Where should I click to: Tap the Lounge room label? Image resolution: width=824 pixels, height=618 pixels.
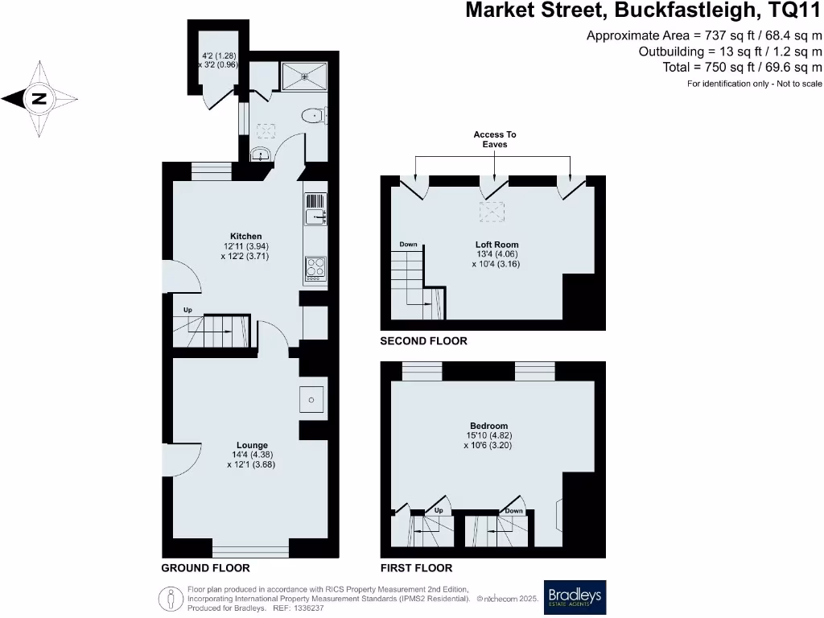[252, 445]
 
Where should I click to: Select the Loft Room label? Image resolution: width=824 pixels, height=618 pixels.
[496, 245]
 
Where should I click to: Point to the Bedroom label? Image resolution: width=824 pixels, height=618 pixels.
[489, 426]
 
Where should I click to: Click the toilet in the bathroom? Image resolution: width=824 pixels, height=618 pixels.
[311, 117]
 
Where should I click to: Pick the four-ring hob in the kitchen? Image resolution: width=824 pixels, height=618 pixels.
[315, 266]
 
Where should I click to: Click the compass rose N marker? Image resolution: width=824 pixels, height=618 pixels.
[38, 100]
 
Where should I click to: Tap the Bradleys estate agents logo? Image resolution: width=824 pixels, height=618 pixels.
[575, 596]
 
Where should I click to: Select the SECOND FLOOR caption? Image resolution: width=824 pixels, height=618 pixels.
[423, 341]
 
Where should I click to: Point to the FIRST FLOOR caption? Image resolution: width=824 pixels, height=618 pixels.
[417, 567]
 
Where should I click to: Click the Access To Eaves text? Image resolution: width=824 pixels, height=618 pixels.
[495, 139]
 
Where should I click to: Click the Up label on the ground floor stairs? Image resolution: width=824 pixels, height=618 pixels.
[187, 310]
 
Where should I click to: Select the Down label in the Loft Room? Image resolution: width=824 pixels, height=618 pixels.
[408, 244]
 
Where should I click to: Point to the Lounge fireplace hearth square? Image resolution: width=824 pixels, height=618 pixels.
[312, 400]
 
